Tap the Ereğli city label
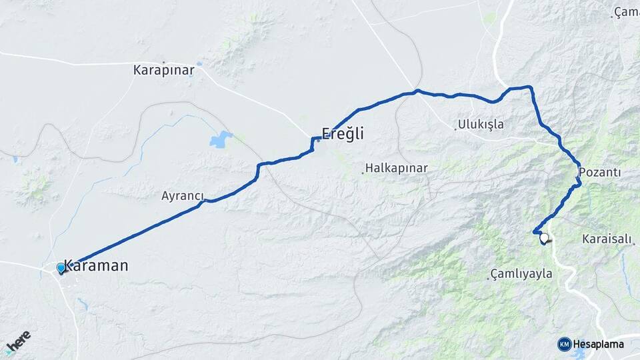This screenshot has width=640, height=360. pos(343,133)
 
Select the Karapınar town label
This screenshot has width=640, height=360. pos(163,70)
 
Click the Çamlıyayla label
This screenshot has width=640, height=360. pos(522,273)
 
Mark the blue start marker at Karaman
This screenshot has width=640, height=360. pos(61,268)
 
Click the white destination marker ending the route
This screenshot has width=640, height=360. pos(545,238)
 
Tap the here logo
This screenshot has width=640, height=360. pos(18,343)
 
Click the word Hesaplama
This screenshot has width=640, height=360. pos(599,344)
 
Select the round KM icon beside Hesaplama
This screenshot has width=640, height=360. pos(565,344)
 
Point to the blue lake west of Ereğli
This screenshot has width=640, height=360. pos(220,140)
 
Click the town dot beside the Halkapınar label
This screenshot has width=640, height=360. pos(363,173)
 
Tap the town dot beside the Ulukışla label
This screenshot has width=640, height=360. pos(456,128)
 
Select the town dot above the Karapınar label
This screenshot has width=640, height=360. pos(163,62)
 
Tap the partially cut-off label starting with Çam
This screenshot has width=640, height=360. pos(627,12)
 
